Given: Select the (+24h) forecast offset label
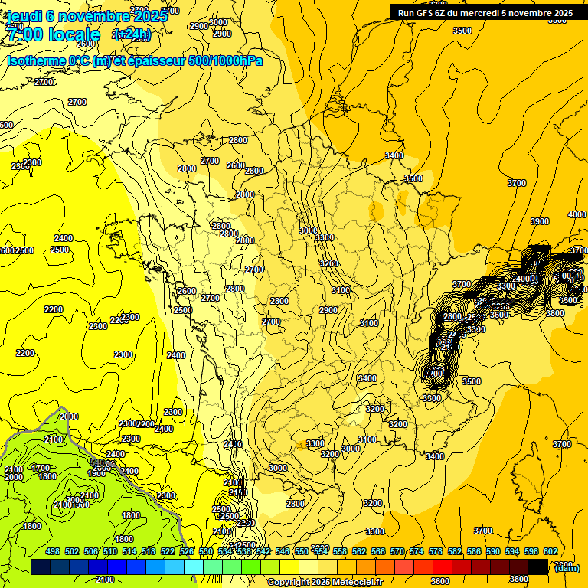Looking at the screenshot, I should click(x=132, y=34).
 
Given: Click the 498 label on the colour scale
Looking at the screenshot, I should click(x=53, y=551).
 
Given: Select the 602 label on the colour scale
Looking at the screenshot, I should click(x=550, y=551).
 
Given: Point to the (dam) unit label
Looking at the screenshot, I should click(x=567, y=567).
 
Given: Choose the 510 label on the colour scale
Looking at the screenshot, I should click(x=110, y=551).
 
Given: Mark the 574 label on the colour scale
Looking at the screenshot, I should click(x=416, y=551).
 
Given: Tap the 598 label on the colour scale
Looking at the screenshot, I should click(x=531, y=551).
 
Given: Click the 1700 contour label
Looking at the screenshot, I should click(x=41, y=467).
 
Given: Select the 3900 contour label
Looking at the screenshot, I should click(x=540, y=221).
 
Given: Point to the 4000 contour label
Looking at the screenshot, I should click(x=577, y=214).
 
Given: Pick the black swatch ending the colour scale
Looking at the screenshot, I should click(x=538, y=567).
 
